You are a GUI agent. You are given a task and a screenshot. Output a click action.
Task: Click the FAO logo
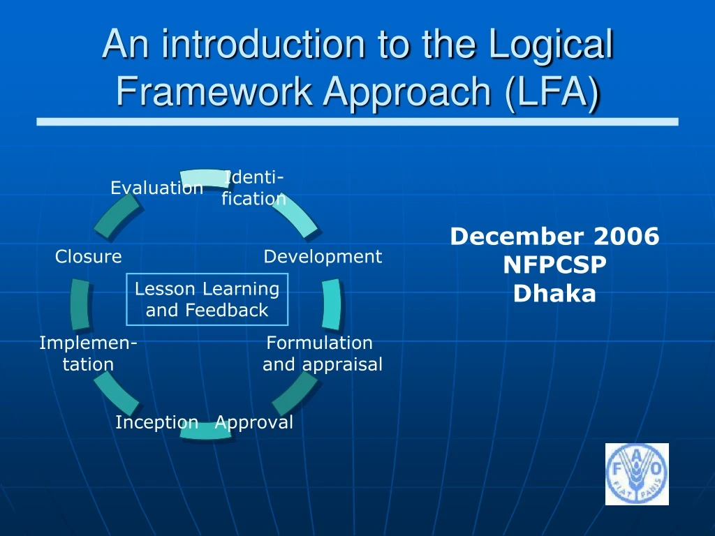coord(636,474)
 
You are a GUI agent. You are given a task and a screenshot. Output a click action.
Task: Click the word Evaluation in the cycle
coord(156,188)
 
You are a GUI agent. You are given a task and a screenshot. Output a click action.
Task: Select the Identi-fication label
coord(254,188)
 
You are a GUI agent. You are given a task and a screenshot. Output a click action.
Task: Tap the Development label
coord(323,257)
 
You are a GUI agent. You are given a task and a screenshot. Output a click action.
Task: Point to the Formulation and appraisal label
coord(322,353)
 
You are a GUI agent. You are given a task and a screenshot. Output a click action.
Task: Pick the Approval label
coord(254,422)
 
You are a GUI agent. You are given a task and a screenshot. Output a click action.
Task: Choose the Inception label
coord(156,422)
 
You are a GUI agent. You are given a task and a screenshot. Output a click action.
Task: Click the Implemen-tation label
coord(88,353)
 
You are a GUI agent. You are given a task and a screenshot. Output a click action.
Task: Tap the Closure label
coord(89,257)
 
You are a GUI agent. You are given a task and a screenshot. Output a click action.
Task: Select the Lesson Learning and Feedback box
coord(207,299)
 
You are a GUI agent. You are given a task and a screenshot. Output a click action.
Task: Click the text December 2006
coord(554,237)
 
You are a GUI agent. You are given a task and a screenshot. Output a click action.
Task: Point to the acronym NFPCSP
coord(554,265)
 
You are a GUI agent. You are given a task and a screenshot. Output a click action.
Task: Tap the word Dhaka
coord(554,294)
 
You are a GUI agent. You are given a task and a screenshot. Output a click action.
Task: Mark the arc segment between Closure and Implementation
coord(80,304)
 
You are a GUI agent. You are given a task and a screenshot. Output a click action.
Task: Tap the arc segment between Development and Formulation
coord(332,304)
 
